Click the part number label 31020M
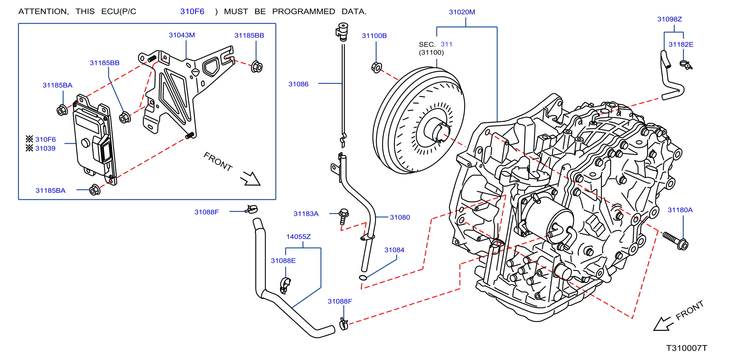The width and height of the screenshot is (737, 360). [x=462, y=12]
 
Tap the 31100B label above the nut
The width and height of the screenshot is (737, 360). [x=374, y=36]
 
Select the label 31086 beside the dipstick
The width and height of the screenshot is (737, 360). [x=298, y=84]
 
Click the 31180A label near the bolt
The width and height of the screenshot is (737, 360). [x=680, y=210]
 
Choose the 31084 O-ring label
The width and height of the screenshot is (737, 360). [x=394, y=250]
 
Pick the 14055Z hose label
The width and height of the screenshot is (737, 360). [x=298, y=237]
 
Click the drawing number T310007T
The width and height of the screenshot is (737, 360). [x=687, y=348]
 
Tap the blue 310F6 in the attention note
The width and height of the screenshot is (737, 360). [x=192, y=11]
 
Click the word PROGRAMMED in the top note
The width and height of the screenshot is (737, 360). [x=303, y=11]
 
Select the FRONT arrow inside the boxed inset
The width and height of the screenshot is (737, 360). [x=250, y=179]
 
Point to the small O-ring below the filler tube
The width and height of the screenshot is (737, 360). [x=363, y=277]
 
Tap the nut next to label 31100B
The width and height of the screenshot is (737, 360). [x=377, y=67]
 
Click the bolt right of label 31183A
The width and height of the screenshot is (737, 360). [x=343, y=216]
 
